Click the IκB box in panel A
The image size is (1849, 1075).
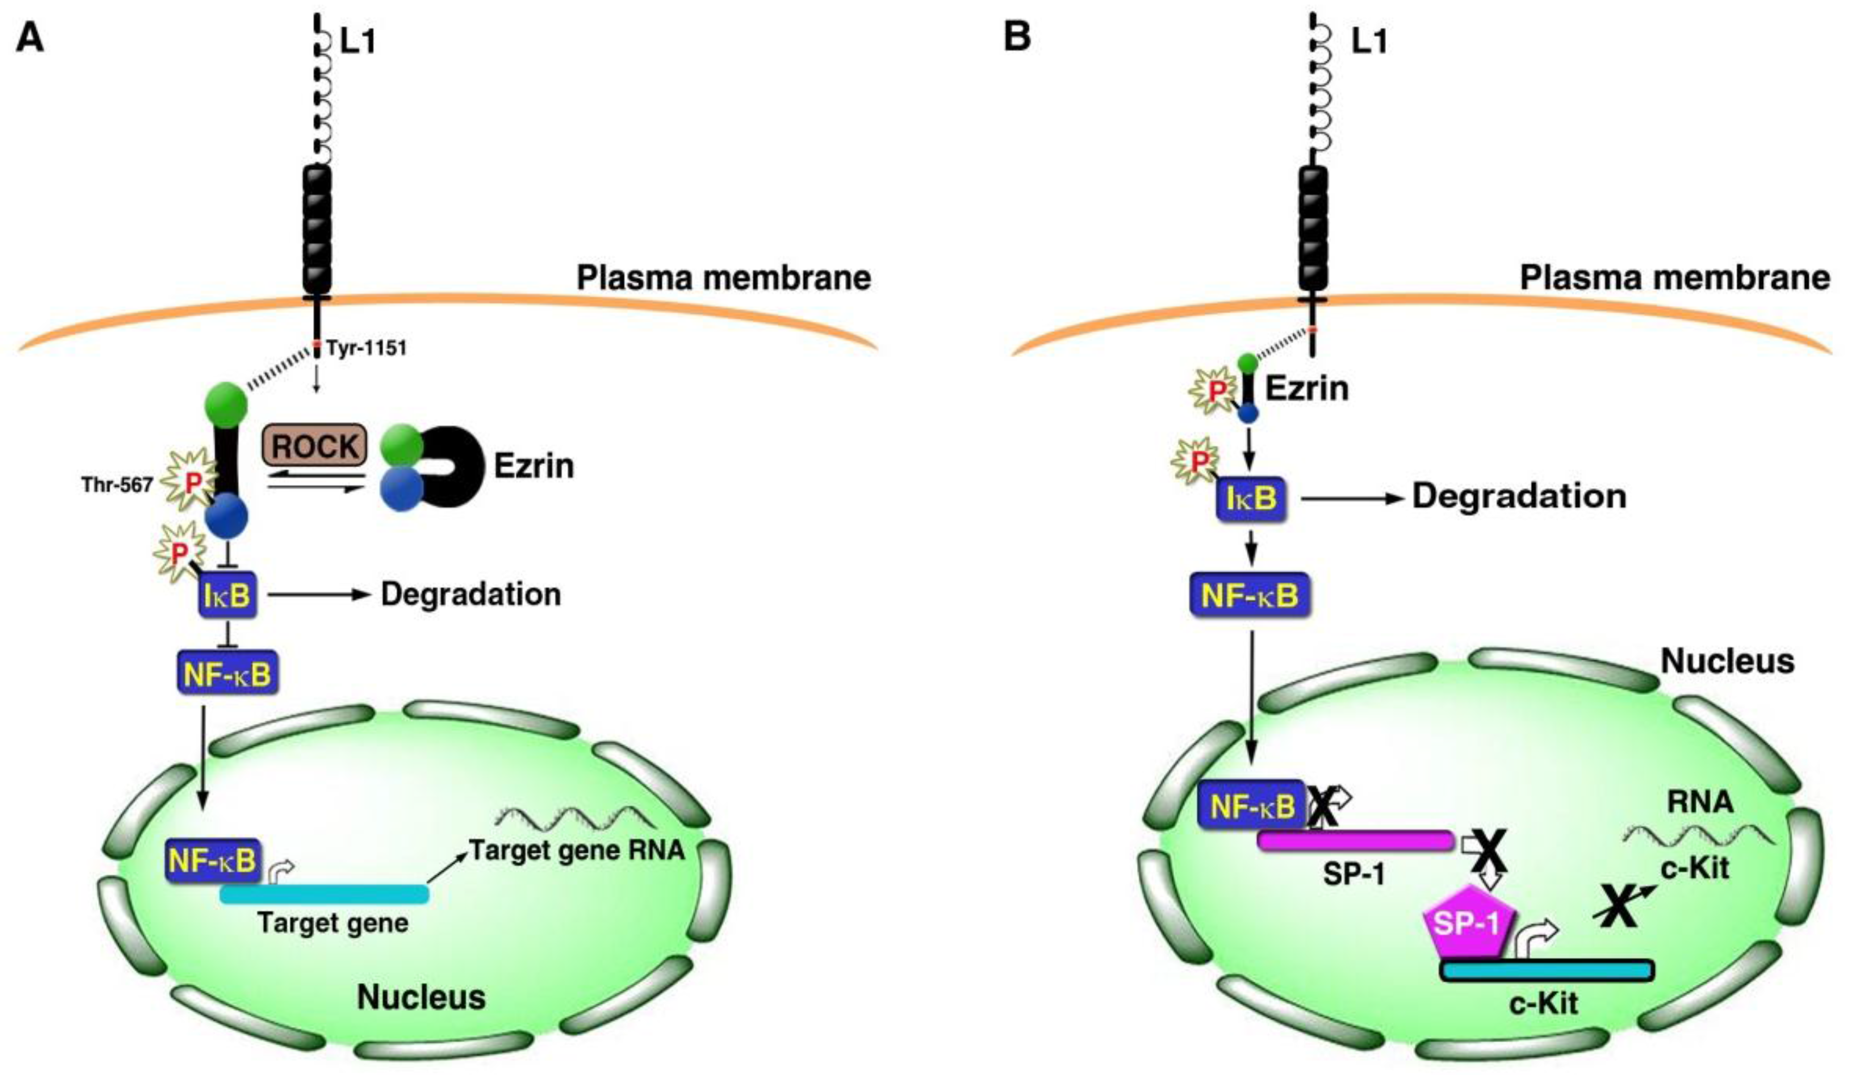click(x=229, y=596)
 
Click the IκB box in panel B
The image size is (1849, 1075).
click(x=1250, y=498)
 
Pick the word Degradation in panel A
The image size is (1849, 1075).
click(x=471, y=594)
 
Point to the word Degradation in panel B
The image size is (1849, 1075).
click(x=1520, y=496)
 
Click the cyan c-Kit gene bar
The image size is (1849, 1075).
click(x=1547, y=971)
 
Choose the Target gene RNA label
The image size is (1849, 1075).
click(x=577, y=850)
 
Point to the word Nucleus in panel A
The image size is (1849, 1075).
click(x=421, y=997)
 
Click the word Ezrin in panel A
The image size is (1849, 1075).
click(x=534, y=466)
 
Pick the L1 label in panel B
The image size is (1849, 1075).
click(x=1369, y=42)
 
